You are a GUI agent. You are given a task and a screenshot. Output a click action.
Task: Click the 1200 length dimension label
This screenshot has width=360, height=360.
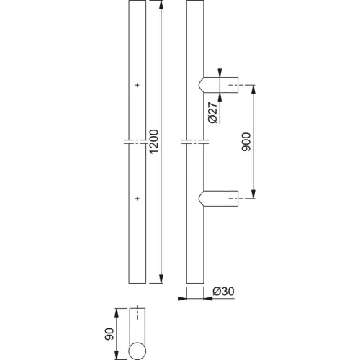tap(154, 141)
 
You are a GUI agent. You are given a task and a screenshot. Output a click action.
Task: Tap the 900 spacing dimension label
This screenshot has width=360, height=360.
tap(246, 142)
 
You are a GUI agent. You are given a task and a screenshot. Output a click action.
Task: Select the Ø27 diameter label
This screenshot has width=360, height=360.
tap(212, 112)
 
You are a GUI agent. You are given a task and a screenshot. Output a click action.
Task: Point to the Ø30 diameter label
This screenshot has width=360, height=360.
tap(223, 292)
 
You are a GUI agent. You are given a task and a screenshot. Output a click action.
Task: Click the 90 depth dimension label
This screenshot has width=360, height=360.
tap(109, 334)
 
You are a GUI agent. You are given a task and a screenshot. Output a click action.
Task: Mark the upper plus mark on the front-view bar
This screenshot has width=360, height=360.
tap(138, 85)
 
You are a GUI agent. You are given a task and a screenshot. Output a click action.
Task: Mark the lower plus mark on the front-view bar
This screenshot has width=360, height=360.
tap(138, 199)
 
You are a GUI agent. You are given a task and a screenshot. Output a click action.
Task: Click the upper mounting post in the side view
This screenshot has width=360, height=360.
tap(218, 85)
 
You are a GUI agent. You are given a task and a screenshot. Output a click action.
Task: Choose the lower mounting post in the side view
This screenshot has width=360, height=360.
tap(218, 199)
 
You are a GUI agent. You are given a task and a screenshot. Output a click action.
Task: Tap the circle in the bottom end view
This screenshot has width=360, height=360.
tap(138, 351)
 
